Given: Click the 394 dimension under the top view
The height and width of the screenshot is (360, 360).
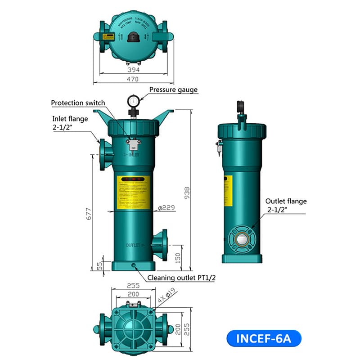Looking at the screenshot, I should click(134, 70).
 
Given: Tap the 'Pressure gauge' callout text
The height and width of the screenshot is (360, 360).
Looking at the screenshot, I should click(173, 90).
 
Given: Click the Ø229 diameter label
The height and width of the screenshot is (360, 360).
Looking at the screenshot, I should click(166, 207).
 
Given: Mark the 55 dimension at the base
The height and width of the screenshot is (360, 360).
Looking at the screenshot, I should click(100, 265).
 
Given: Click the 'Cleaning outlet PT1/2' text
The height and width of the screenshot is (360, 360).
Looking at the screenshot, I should click(181, 278).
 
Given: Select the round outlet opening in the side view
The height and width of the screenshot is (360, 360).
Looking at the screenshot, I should click(243, 238).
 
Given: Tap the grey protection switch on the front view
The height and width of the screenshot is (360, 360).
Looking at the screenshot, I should click(133, 144).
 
